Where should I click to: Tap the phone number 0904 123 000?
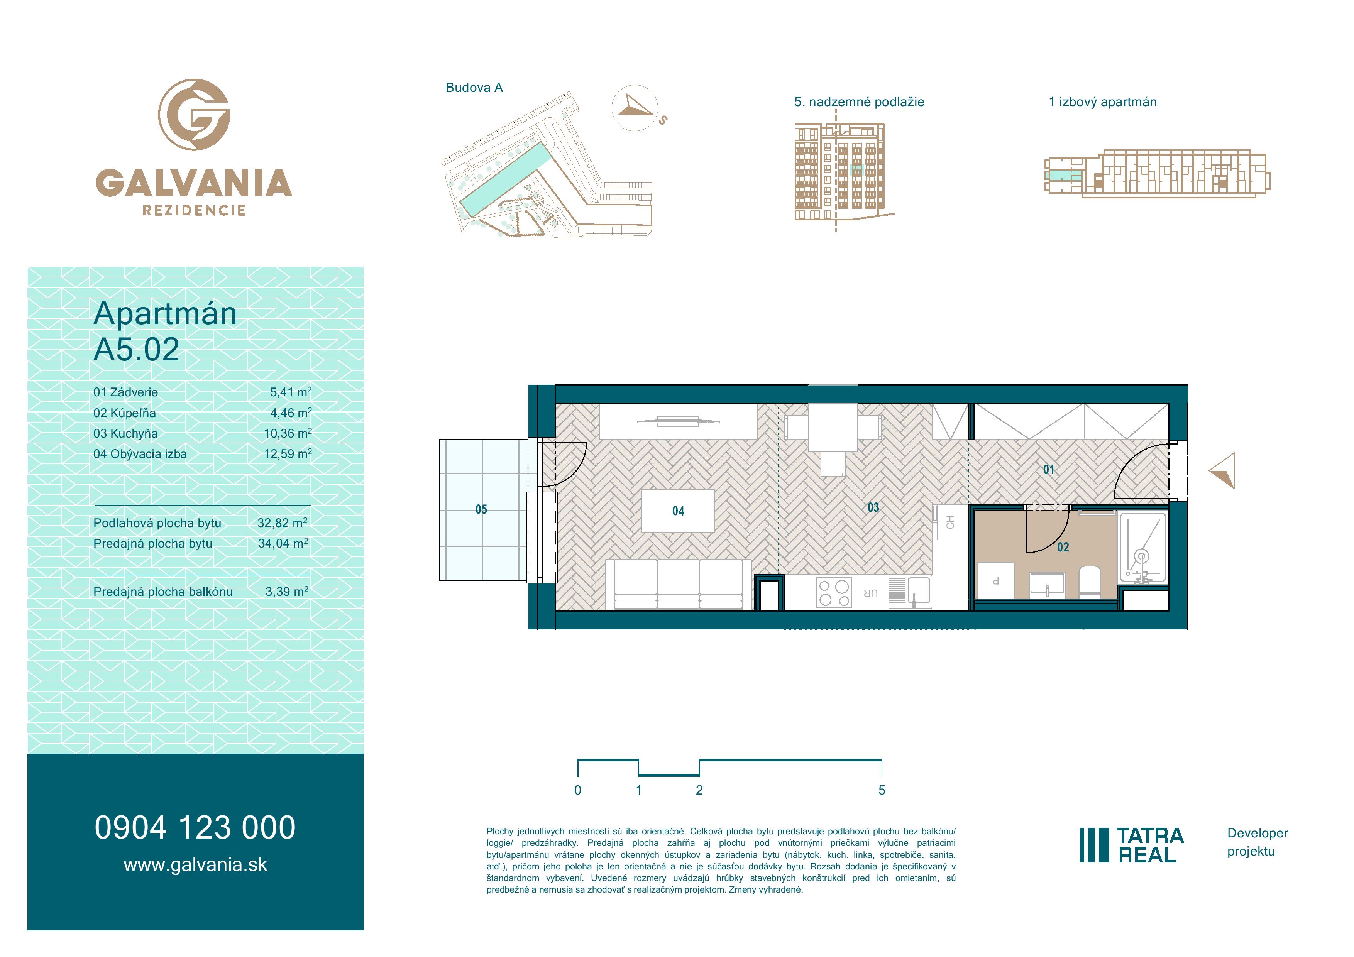pos(195,827)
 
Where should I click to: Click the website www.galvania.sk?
pos(195,865)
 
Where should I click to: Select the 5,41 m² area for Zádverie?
pos(291,392)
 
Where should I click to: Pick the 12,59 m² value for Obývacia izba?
pos(288,454)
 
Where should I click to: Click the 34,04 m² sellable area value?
pos(283,544)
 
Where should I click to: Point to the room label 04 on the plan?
pos(678,511)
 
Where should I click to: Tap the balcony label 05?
pos(481,509)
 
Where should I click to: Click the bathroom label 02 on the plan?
pos(1063,547)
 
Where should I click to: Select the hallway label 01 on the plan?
pos(1049,470)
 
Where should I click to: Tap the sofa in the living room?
pos(678,584)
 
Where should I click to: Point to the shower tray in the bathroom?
pos(1143,548)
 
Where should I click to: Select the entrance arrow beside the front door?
pos(1222,470)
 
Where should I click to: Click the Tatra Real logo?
pos(1132,845)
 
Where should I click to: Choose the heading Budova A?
pos(474,88)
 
